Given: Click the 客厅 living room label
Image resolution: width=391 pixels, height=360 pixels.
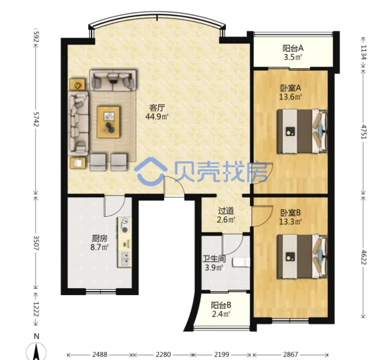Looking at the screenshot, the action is (x=157, y=108).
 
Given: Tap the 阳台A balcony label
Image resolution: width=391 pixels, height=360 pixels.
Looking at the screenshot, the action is (x=293, y=48).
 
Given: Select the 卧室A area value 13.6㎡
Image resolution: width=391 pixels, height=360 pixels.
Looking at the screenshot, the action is (x=291, y=97).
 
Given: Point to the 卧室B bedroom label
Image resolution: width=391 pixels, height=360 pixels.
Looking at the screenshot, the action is (x=291, y=213).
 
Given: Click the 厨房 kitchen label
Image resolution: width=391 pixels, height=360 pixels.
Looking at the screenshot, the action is (x=100, y=239).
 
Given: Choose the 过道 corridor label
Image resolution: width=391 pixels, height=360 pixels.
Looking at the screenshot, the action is (x=226, y=211).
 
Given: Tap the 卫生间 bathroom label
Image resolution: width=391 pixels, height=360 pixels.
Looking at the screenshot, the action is (x=214, y=259).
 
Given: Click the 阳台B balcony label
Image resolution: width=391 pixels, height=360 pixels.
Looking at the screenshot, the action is (x=221, y=305).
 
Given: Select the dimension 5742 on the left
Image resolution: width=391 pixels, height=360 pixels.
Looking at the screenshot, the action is (x=36, y=119).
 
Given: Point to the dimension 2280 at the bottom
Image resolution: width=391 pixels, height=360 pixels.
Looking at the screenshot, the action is (x=164, y=354).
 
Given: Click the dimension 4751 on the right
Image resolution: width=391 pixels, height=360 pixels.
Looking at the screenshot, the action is (x=363, y=131).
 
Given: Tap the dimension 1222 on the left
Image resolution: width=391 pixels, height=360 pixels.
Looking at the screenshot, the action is (x=36, y=309).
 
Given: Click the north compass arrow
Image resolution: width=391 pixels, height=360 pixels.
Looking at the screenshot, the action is (x=36, y=352).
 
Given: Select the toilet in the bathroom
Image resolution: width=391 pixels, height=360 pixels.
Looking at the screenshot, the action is (x=241, y=262).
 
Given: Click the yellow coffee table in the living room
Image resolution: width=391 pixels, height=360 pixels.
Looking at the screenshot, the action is (x=108, y=122).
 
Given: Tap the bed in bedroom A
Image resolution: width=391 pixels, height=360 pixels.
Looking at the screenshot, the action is (x=302, y=131).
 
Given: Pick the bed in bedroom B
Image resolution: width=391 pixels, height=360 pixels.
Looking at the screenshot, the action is (x=302, y=256).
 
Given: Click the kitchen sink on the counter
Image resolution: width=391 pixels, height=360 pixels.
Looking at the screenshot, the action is (x=124, y=259).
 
